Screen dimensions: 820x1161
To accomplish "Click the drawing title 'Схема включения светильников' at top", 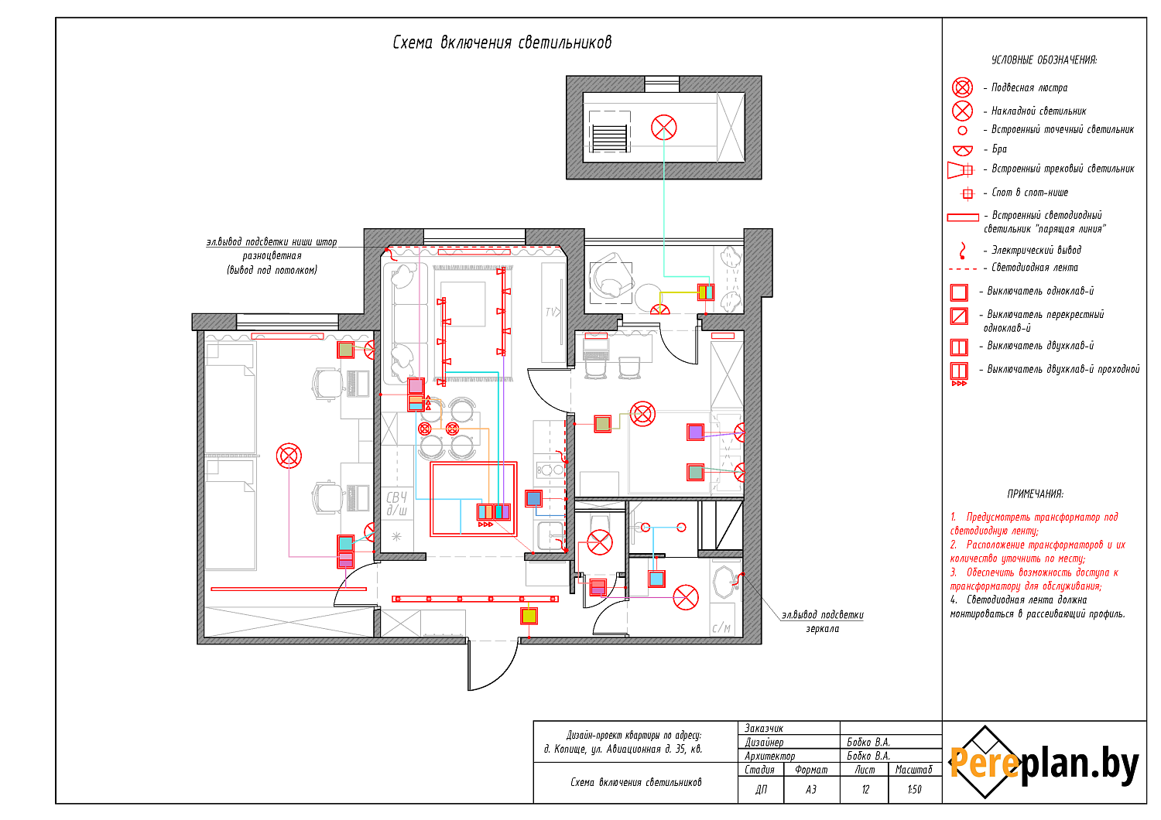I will [x=502, y=43].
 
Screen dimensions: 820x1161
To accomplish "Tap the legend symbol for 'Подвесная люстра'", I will [x=962, y=87].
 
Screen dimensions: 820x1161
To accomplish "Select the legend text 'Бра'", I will [x=999, y=149].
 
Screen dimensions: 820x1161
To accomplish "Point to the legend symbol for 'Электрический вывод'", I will [x=962, y=251].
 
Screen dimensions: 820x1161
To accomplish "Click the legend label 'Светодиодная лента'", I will [x=1035, y=268].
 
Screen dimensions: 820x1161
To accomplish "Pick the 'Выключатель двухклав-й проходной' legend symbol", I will [x=959, y=371].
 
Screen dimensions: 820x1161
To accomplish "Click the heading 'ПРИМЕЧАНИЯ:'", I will [x=1035, y=494].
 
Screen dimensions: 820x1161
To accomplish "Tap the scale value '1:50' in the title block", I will [x=914, y=790].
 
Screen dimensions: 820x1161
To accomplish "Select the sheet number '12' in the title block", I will [x=865, y=790].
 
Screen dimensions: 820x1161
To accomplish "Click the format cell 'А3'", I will [x=810, y=790].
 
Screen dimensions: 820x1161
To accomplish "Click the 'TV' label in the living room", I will [x=552, y=313].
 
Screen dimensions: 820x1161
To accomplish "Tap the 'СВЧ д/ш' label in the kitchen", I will [x=396, y=504].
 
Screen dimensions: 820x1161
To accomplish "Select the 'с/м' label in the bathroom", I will [x=721, y=628].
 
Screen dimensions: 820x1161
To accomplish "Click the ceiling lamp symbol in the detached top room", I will [x=663, y=128].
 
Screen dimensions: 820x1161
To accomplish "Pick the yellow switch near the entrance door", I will [x=529, y=617].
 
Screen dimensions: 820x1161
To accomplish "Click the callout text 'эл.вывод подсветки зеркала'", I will [x=822, y=622].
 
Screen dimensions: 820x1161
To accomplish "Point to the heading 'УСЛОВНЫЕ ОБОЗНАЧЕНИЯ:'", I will [x=1044, y=60].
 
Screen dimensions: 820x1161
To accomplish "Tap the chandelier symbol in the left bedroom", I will [x=289, y=455].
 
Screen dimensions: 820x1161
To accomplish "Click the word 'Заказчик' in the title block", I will [x=764, y=728].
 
